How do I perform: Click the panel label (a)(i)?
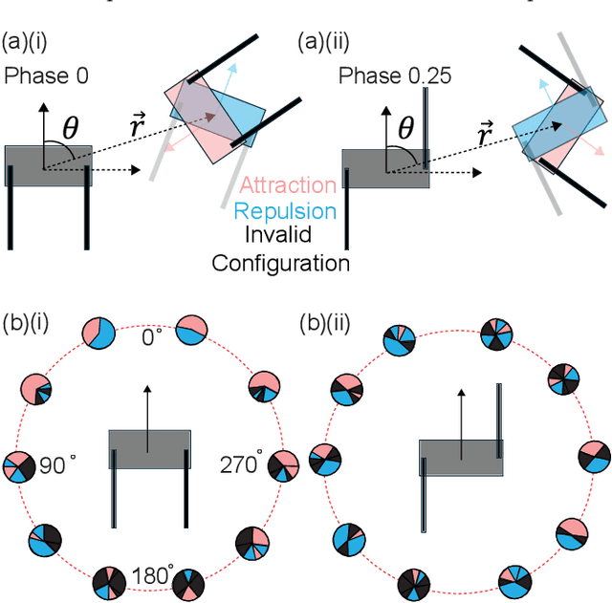point(28,42)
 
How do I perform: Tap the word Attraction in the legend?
point(288,185)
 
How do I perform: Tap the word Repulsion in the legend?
point(288,211)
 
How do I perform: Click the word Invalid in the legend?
point(288,237)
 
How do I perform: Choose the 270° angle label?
point(240,465)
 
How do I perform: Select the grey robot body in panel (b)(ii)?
point(460,457)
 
